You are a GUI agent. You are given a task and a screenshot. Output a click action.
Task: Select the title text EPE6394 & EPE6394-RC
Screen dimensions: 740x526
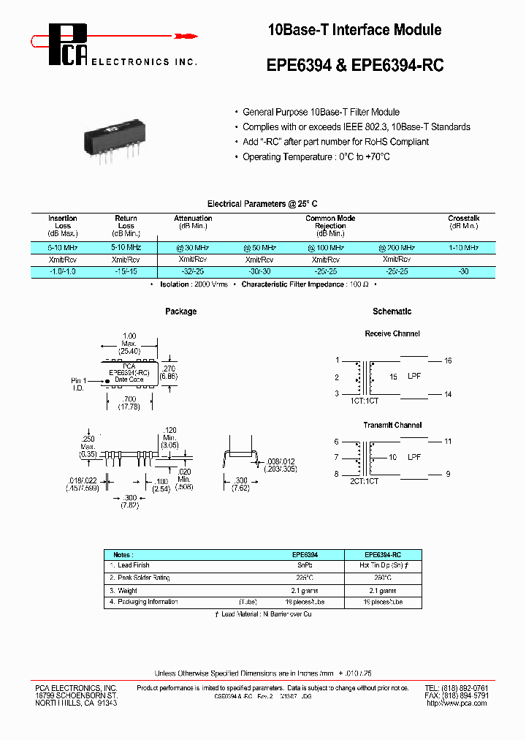coord(355,65)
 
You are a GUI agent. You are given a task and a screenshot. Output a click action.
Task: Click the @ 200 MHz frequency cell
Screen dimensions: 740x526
coord(397,248)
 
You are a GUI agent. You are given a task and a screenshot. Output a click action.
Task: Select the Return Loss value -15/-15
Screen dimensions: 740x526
coord(126,271)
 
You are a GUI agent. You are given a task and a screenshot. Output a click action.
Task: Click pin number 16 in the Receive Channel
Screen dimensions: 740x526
coord(448,360)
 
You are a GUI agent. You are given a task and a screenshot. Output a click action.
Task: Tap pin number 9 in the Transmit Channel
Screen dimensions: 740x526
coord(448,474)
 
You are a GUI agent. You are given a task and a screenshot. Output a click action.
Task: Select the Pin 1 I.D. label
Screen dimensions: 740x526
coord(79,384)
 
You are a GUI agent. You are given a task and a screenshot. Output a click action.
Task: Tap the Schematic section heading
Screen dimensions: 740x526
coord(392,312)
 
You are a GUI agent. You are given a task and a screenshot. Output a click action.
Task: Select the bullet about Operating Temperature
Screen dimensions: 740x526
coord(316,157)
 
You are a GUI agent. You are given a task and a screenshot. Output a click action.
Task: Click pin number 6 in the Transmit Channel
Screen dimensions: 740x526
coord(336,442)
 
